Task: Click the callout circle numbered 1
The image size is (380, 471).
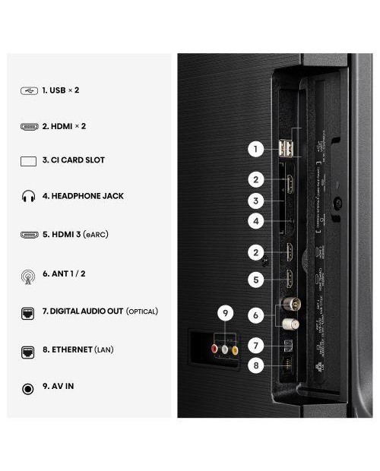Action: pyautogui.click(x=257, y=150)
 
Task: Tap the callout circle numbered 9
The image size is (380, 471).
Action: pyautogui.click(x=224, y=313)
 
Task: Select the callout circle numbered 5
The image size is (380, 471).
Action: pyautogui.click(x=257, y=280)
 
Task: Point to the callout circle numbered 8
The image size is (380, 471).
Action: pyautogui.click(x=257, y=365)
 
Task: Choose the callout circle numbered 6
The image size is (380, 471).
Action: pyautogui.click(x=257, y=313)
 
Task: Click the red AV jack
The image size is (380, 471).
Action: pyautogui.click(x=214, y=349)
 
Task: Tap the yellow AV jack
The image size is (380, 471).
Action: pyautogui.click(x=235, y=349)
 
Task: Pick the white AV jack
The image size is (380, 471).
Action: pyautogui.click(x=225, y=349)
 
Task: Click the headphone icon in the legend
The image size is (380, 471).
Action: pyautogui.click(x=29, y=196)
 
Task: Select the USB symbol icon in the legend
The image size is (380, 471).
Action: pyautogui.click(x=29, y=90)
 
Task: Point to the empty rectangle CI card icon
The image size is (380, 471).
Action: pyautogui.click(x=29, y=160)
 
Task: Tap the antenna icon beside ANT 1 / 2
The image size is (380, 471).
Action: pyautogui.click(x=29, y=274)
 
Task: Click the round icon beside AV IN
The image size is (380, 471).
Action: pyautogui.click(x=29, y=387)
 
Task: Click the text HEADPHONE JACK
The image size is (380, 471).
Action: pyautogui.click(x=86, y=196)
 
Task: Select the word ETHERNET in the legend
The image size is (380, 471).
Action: pyautogui.click(x=70, y=350)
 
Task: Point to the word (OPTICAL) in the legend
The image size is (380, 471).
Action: pyautogui.click(x=142, y=311)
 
